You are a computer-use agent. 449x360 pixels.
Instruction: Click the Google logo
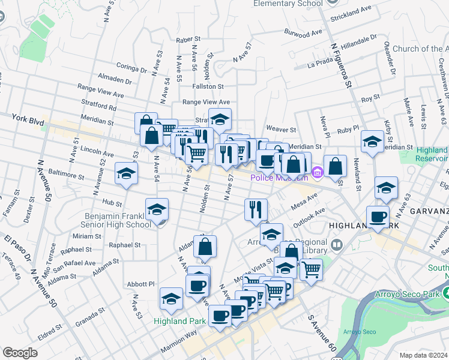[x=20, y=353]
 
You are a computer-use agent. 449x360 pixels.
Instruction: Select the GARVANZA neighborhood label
[x=429, y=212]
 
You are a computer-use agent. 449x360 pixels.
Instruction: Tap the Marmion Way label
[x=178, y=343]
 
